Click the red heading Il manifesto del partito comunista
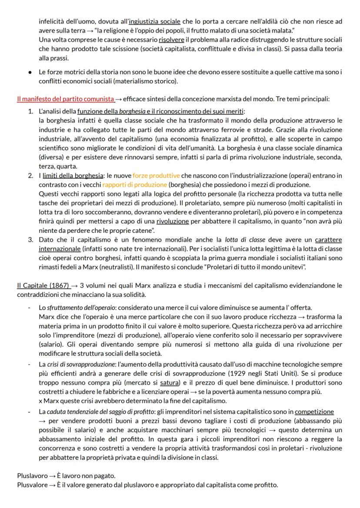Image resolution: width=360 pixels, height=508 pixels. [66, 99]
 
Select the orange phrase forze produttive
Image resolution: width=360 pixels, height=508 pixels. [156, 176]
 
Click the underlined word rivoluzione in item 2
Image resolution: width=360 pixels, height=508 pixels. [172, 221]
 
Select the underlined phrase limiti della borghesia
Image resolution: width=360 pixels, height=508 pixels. [73, 176]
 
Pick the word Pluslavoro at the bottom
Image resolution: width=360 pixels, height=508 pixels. [32, 476]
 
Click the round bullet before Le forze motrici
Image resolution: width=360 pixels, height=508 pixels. [30, 72]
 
